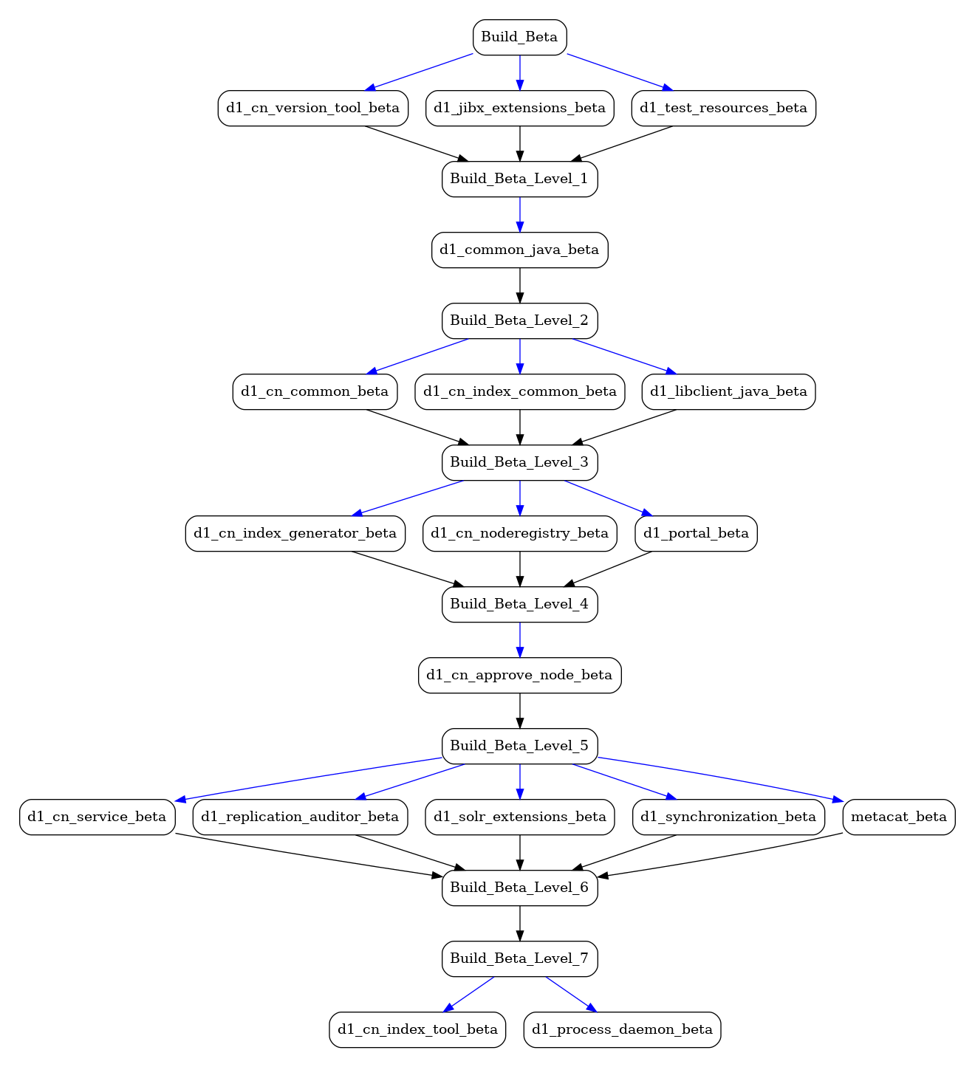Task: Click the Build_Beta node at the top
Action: (x=519, y=37)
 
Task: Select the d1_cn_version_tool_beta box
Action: (x=313, y=108)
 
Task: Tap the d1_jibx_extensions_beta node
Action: (x=519, y=108)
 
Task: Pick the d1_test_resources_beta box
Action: (x=724, y=108)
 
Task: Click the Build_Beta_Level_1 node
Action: (x=519, y=179)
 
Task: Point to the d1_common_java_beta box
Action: (x=519, y=250)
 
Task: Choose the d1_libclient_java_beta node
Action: (x=728, y=391)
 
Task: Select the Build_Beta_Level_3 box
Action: (x=519, y=463)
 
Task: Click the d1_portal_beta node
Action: (x=696, y=533)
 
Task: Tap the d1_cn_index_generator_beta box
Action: (x=295, y=533)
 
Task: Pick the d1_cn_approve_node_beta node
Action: (x=519, y=675)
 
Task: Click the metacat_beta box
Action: (x=899, y=817)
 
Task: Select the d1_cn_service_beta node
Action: (x=97, y=817)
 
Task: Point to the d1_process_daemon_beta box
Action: (x=622, y=1030)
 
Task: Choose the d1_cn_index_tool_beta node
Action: (x=417, y=1030)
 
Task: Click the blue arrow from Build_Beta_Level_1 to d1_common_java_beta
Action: (x=519, y=214)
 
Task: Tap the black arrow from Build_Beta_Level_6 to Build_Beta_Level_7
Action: (x=519, y=924)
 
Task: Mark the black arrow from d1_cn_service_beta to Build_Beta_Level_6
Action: (x=309, y=855)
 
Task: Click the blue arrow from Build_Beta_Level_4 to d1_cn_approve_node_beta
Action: (x=519, y=640)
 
